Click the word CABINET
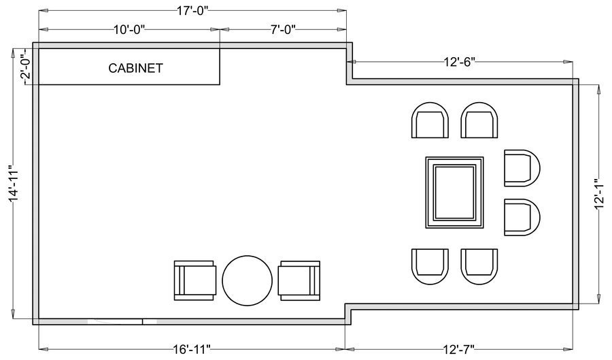[135, 68]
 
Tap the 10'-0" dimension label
[129, 30]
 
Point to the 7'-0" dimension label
[283, 30]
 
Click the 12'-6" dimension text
[459, 62]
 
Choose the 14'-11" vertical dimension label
[14, 186]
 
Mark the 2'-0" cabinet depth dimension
[25, 66]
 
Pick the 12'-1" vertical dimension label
[599, 195]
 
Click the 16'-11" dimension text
[191, 348]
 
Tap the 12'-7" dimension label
[459, 348]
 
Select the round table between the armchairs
[247, 280]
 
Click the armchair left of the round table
[194, 280]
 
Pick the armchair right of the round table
[299, 280]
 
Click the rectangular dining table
[454, 193]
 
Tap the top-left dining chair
[430, 120]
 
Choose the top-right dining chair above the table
[479, 120]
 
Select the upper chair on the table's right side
[522, 168]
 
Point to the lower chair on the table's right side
[522, 217]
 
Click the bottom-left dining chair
[430, 267]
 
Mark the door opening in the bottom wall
[115, 322]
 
